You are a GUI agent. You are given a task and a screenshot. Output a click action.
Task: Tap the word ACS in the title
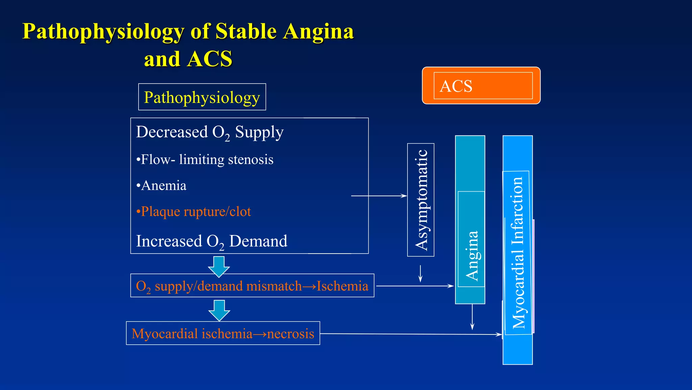tap(209, 59)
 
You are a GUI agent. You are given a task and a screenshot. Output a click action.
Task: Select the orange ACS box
tap(481, 86)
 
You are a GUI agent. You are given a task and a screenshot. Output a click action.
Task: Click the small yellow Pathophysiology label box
tap(202, 97)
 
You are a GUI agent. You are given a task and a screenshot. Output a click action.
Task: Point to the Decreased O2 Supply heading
tap(209, 132)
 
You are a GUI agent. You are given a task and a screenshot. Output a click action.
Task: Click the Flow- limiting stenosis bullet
tap(205, 159)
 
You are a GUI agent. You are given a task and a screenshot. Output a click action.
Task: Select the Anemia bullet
tap(162, 186)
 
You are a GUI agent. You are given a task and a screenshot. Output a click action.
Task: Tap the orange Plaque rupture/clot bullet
tap(194, 212)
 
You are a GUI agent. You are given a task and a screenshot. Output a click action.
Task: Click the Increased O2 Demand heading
tap(212, 241)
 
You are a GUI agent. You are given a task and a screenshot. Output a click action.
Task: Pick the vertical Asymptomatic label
tap(421, 200)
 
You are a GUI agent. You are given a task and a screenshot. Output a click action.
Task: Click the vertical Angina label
tap(472, 256)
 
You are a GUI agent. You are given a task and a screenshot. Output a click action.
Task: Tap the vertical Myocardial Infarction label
tap(518, 252)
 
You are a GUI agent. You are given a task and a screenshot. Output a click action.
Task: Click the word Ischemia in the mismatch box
tap(342, 286)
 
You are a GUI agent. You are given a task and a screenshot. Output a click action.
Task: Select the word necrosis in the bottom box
tap(291, 334)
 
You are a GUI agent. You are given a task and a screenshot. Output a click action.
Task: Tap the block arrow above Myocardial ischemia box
tap(219, 310)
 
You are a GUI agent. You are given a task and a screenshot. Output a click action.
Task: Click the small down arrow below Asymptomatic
tap(421, 274)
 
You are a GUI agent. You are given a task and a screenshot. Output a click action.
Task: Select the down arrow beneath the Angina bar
tap(472, 317)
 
